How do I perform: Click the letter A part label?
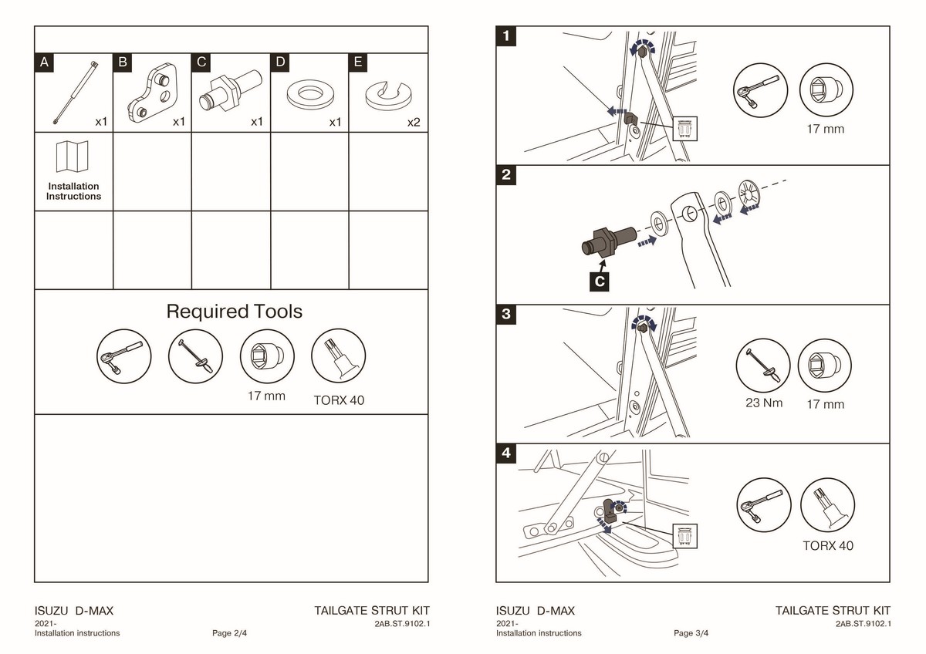[x=45, y=63]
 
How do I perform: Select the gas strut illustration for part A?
[x=75, y=91]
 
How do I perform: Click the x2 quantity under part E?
[x=414, y=122]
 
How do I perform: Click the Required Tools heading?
[x=235, y=312]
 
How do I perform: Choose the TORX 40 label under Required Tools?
[x=339, y=400]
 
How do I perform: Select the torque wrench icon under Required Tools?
[x=195, y=357]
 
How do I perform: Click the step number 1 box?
[x=506, y=36]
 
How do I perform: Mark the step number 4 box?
[x=506, y=453]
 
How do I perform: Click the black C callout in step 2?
[x=600, y=281]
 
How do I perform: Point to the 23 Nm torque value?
[x=762, y=403]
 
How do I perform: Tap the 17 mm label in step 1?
[x=825, y=129]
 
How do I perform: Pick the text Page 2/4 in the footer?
[x=230, y=633]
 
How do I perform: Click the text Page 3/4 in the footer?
[x=691, y=633]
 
